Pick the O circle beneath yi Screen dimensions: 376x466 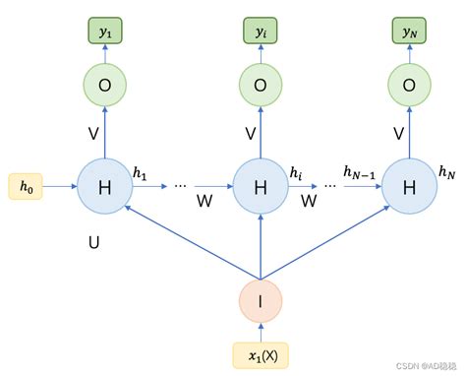point(261,85)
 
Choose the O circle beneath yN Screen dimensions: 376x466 point(408,85)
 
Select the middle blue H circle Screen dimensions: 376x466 point(261,185)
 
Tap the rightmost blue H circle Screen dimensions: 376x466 point(408,185)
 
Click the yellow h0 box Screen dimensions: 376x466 point(25,185)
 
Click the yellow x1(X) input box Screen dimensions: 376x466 point(261,353)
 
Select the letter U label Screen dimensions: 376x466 point(93,239)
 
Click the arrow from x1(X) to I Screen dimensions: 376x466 point(261,332)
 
